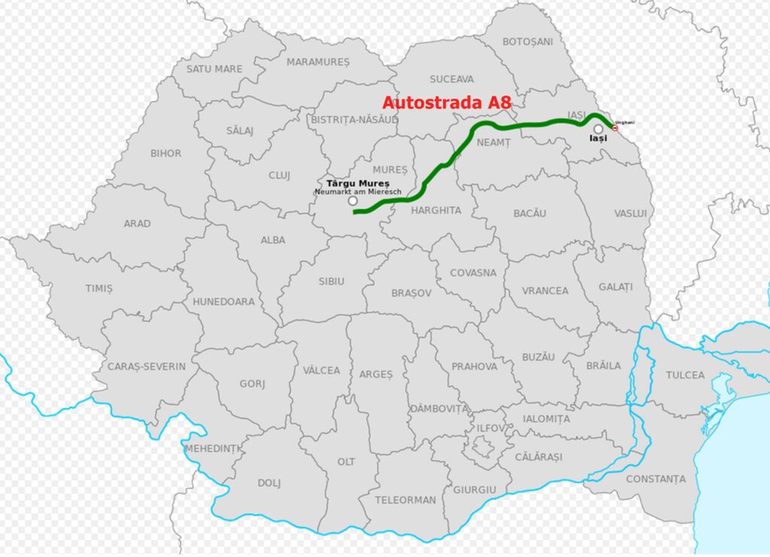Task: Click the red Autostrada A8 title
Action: click(447, 102)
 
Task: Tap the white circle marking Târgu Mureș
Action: click(353, 201)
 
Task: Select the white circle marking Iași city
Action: click(598, 129)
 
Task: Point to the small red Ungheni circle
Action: click(615, 128)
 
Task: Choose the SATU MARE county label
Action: click(214, 68)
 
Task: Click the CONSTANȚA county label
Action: click(656, 479)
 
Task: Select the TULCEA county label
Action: click(685, 374)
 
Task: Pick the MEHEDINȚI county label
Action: click(214, 449)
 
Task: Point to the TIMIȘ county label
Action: click(99, 288)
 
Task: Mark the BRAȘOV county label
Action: click(411, 293)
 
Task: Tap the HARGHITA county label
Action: click(436, 210)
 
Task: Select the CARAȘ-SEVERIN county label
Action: click(146, 366)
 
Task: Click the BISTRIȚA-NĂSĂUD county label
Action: click(354, 119)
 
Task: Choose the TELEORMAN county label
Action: click(405, 499)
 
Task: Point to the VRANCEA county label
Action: click(546, 290)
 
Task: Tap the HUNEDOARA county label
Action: click(223, 301)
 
